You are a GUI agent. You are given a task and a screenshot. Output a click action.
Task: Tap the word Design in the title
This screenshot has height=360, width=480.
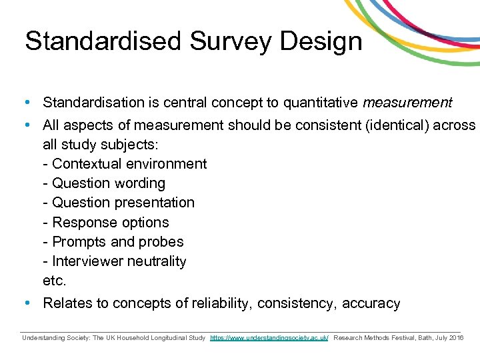(x=321, y=41)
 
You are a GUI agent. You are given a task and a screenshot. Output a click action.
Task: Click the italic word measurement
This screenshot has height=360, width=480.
(x=407, y=103)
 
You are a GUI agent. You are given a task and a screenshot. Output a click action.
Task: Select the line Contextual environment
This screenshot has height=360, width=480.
(x=124, y=164)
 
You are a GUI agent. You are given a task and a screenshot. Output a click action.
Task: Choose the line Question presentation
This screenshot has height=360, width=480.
(x=118, y=203)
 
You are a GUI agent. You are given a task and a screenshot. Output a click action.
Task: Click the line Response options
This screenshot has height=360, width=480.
(x=105, y=223)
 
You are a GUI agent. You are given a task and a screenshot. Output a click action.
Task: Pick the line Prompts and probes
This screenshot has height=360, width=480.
(x=113, y=242)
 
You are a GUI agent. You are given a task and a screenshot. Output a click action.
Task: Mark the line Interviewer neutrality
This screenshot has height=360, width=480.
(x=114, y=261)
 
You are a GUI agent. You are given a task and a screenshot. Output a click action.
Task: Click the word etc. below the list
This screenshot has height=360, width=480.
(x=54, y=281)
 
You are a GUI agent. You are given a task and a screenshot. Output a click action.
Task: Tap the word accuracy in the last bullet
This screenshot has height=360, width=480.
(x=371, y=304)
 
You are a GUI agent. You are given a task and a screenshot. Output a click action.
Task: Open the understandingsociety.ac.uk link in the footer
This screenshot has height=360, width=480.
(x=269, y=338)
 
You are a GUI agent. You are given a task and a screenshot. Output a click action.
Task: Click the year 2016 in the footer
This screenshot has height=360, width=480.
(x=456, y=338)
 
